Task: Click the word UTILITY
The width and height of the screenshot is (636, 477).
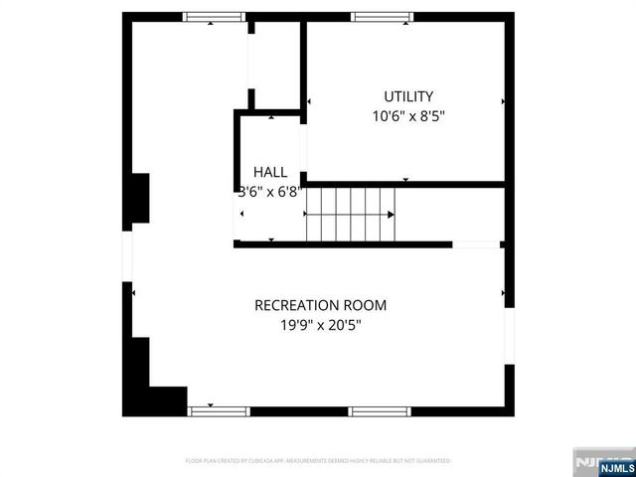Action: pos(408,96)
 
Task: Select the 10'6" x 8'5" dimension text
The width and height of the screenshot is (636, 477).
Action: pos(408,115)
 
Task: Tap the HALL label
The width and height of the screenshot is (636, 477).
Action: pos(269,172)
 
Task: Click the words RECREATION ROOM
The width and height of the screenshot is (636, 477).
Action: pos(320,305)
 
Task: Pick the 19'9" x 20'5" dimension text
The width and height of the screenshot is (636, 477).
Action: pos(320,324)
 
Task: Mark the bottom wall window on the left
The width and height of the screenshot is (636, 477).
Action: pos(216,409)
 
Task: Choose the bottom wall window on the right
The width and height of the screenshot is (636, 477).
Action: pos(379,409)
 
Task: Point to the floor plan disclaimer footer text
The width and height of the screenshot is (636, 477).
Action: pos(318,461)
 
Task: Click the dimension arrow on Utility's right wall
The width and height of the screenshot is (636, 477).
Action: pos(504,101)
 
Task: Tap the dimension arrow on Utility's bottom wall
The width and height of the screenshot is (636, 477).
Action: pos(405,179)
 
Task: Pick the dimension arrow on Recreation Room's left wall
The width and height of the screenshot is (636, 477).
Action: pos(133,293)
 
